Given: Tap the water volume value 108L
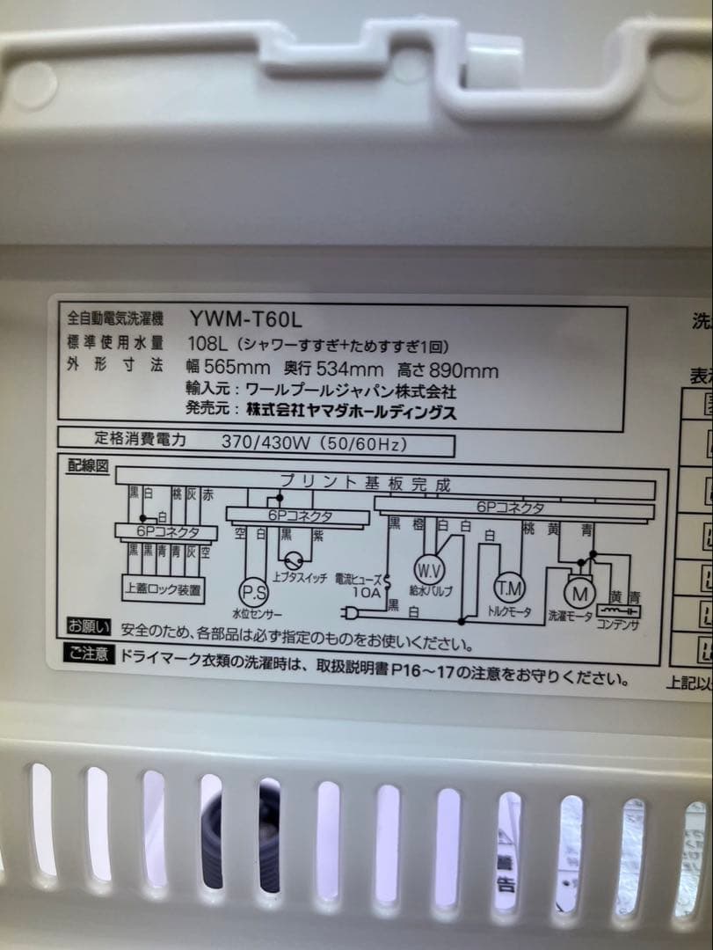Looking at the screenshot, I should click(204, 344).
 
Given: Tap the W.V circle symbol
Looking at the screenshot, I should click(428, 566).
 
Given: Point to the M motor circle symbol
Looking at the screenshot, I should click(579, 589).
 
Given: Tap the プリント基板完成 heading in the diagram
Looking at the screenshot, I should click(364, 482).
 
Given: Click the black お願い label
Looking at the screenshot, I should click(89, 627).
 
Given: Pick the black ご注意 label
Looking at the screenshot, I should click(89, 654).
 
